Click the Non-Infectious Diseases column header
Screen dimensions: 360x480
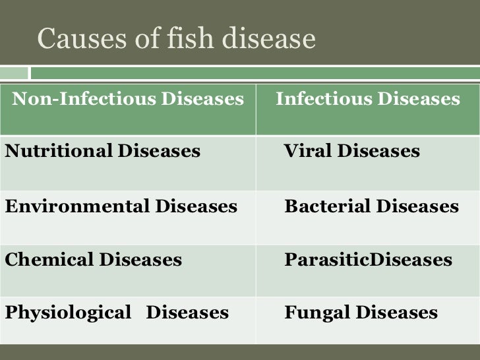[x=128, y=100]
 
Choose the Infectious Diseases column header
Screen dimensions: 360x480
[x=367, y=100]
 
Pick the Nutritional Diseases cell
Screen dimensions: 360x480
[x=102, y=152]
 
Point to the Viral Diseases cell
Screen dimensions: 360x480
[x=351, y=152]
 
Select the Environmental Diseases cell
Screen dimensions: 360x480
[x=121, y=206]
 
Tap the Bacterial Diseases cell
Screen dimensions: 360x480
[x=371, y=206]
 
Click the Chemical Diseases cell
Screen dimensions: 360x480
[x=93, y=259]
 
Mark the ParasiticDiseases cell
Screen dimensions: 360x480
[x=368, y=259]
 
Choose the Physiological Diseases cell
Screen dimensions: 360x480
[x=117, y=313]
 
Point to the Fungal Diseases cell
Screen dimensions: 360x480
[x=361, y=313]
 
